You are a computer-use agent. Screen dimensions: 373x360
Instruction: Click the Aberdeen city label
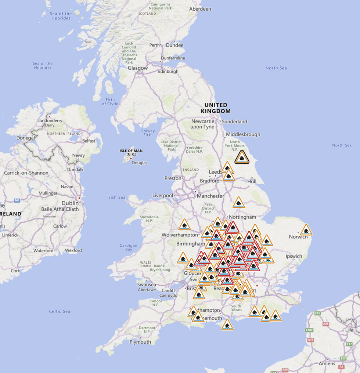200,9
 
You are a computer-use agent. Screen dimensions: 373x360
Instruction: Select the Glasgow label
138,68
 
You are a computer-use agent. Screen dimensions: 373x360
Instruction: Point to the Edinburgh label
168,72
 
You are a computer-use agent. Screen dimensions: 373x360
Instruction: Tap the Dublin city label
70,203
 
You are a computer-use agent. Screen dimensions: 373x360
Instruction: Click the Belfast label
89,141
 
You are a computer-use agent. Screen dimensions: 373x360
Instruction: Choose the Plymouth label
140,342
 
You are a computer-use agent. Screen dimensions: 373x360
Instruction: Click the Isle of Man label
131,152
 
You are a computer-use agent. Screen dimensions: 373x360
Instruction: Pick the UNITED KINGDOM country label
216,108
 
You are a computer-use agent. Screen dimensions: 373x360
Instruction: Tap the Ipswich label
294,256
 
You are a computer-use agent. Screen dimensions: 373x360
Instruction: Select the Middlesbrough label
243,134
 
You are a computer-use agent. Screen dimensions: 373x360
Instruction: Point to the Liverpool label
163,195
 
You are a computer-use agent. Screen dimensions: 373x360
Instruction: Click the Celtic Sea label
60,311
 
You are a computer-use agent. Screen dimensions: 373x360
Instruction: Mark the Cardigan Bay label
128,247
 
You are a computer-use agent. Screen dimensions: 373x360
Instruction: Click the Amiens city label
327,363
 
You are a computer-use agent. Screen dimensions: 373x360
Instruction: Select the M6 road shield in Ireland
17,200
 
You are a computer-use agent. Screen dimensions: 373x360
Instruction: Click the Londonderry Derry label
50,123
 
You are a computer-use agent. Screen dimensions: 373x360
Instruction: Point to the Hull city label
252,181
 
